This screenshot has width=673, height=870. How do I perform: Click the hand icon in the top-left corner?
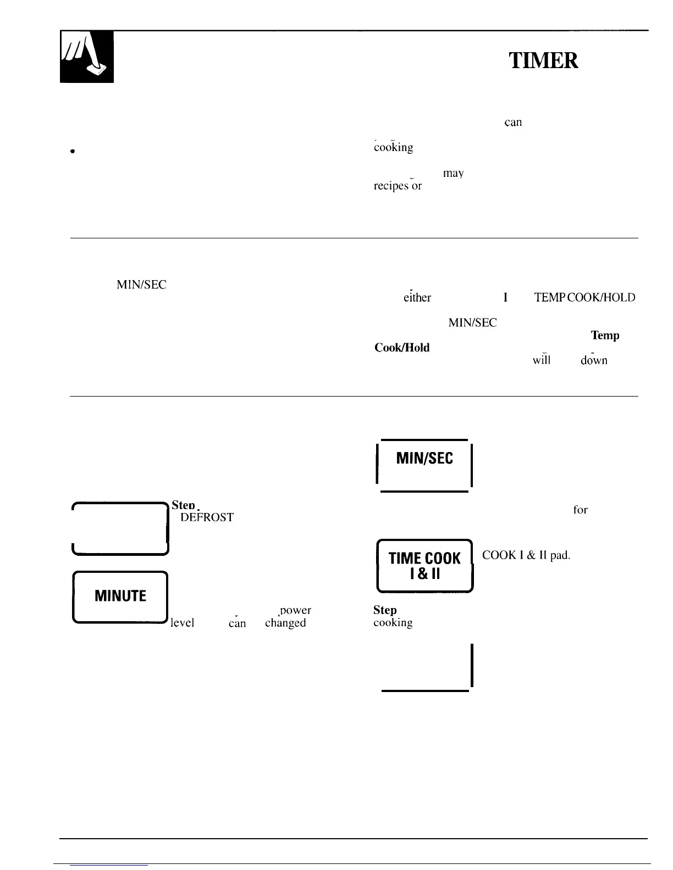click(x=86, y=57)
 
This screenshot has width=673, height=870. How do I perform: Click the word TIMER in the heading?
click(x=543, y=60)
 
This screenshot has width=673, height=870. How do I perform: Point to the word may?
click(x=453, y=174)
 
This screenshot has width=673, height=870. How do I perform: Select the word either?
click(x=417, y=298)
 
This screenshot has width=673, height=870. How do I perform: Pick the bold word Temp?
click(x=605, y=335)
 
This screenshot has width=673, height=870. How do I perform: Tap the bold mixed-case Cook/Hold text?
click(x=401, y=348)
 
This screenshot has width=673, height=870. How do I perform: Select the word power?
click(x=295, y=610)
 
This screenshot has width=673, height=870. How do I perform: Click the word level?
click(x=183, y=623)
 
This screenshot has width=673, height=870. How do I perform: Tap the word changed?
click(x=285, y=623)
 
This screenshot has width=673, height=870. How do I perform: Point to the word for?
click(x=580, y=510)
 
